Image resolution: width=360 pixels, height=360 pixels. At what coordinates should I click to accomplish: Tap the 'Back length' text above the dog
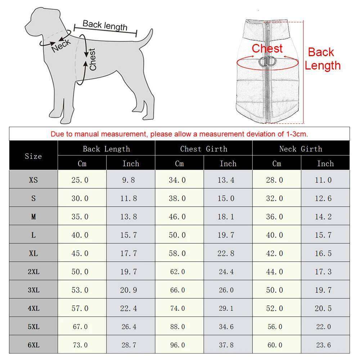tap(105, 26)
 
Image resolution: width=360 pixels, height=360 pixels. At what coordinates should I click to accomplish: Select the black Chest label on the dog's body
tap(93, 59)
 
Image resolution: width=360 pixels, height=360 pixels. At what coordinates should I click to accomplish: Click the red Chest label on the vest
tap(267, 49)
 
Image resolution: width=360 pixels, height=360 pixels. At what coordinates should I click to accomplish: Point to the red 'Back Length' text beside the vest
tap(322, 59)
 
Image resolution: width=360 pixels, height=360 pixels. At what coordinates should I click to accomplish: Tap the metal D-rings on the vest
tap(267, 62)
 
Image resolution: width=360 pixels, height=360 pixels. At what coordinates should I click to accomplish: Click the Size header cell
tap(33, 156)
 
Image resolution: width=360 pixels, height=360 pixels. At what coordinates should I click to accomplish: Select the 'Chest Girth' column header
tap(204, 149)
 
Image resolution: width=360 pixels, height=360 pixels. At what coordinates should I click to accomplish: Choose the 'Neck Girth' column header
tap(301, 149)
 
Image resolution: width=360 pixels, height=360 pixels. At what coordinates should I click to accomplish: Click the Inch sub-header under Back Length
tap(131, 163)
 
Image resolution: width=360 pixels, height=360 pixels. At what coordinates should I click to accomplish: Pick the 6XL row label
tap(33, 345)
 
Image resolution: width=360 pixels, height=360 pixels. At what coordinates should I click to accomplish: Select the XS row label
tap(33, 180)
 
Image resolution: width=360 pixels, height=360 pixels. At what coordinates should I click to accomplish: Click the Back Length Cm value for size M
tap(80, 217)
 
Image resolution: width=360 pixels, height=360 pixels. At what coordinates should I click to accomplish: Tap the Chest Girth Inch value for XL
tap(226, 253)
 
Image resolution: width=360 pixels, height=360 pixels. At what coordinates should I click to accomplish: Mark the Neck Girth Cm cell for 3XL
tap(275, 290)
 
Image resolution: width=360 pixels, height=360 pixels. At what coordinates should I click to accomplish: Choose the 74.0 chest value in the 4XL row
tap(177, 309)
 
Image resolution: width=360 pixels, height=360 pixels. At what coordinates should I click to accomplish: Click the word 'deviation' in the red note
tap(260, 134)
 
